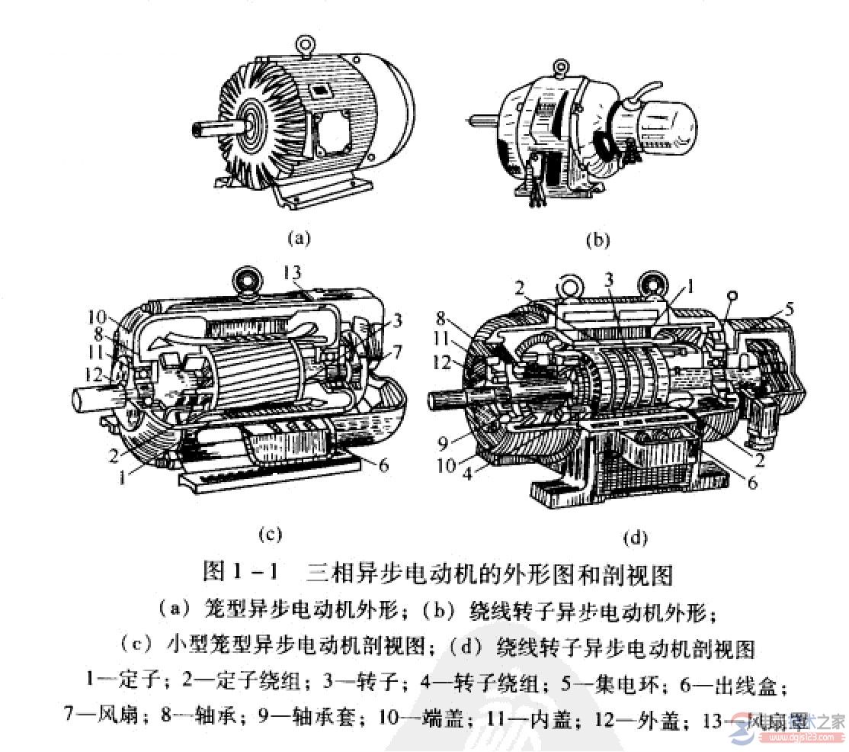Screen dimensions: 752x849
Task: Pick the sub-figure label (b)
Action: point(598,240)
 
